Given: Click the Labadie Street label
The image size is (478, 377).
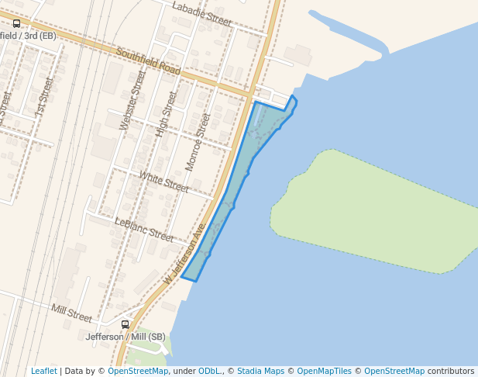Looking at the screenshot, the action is click(201, 15).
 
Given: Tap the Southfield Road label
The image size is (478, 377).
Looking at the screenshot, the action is click(148, 62).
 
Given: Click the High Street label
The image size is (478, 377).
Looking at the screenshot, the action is click(166, 113).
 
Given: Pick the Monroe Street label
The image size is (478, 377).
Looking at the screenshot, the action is click(198, 142).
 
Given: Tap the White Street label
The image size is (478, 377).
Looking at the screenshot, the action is click(163, 182).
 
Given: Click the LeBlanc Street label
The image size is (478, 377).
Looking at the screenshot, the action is click(144, 230).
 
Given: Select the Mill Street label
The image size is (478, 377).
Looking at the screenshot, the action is click(71, 313).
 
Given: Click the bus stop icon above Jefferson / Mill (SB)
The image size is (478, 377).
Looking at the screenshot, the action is click(126, 324).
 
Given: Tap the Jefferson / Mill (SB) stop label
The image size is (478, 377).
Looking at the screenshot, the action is click(126, 337).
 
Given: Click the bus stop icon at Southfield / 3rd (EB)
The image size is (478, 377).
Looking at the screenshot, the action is click(17, 24).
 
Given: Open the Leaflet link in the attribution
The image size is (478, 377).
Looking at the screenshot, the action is click(43, 371).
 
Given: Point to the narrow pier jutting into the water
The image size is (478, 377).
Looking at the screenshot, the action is click(349, 31).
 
